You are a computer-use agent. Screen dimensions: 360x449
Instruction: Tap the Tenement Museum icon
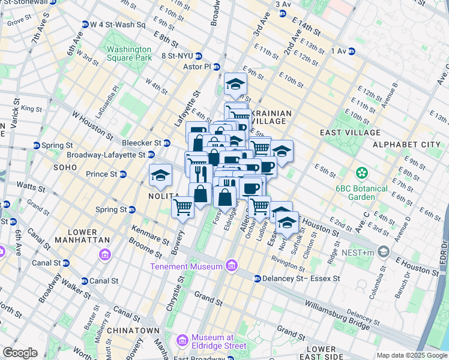[231, 266]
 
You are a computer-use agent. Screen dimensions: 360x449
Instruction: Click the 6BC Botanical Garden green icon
[361, 173]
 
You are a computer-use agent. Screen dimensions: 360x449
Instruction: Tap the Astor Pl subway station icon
[217, 67]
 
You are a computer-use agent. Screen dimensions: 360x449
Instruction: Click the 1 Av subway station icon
[351, 51]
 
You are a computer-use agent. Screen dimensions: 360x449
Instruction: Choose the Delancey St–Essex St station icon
[257, 278]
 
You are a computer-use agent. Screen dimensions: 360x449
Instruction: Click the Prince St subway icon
[122, 174]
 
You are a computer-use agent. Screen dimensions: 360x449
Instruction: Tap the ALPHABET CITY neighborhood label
[406, 145]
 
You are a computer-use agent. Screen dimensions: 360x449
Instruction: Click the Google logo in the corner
[19, 353]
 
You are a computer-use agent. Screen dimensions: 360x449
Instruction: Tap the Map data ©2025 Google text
[411, 355]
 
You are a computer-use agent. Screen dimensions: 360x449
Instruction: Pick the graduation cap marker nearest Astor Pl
[236, 84]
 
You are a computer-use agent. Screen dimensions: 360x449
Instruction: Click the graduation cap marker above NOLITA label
[160, 175]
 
